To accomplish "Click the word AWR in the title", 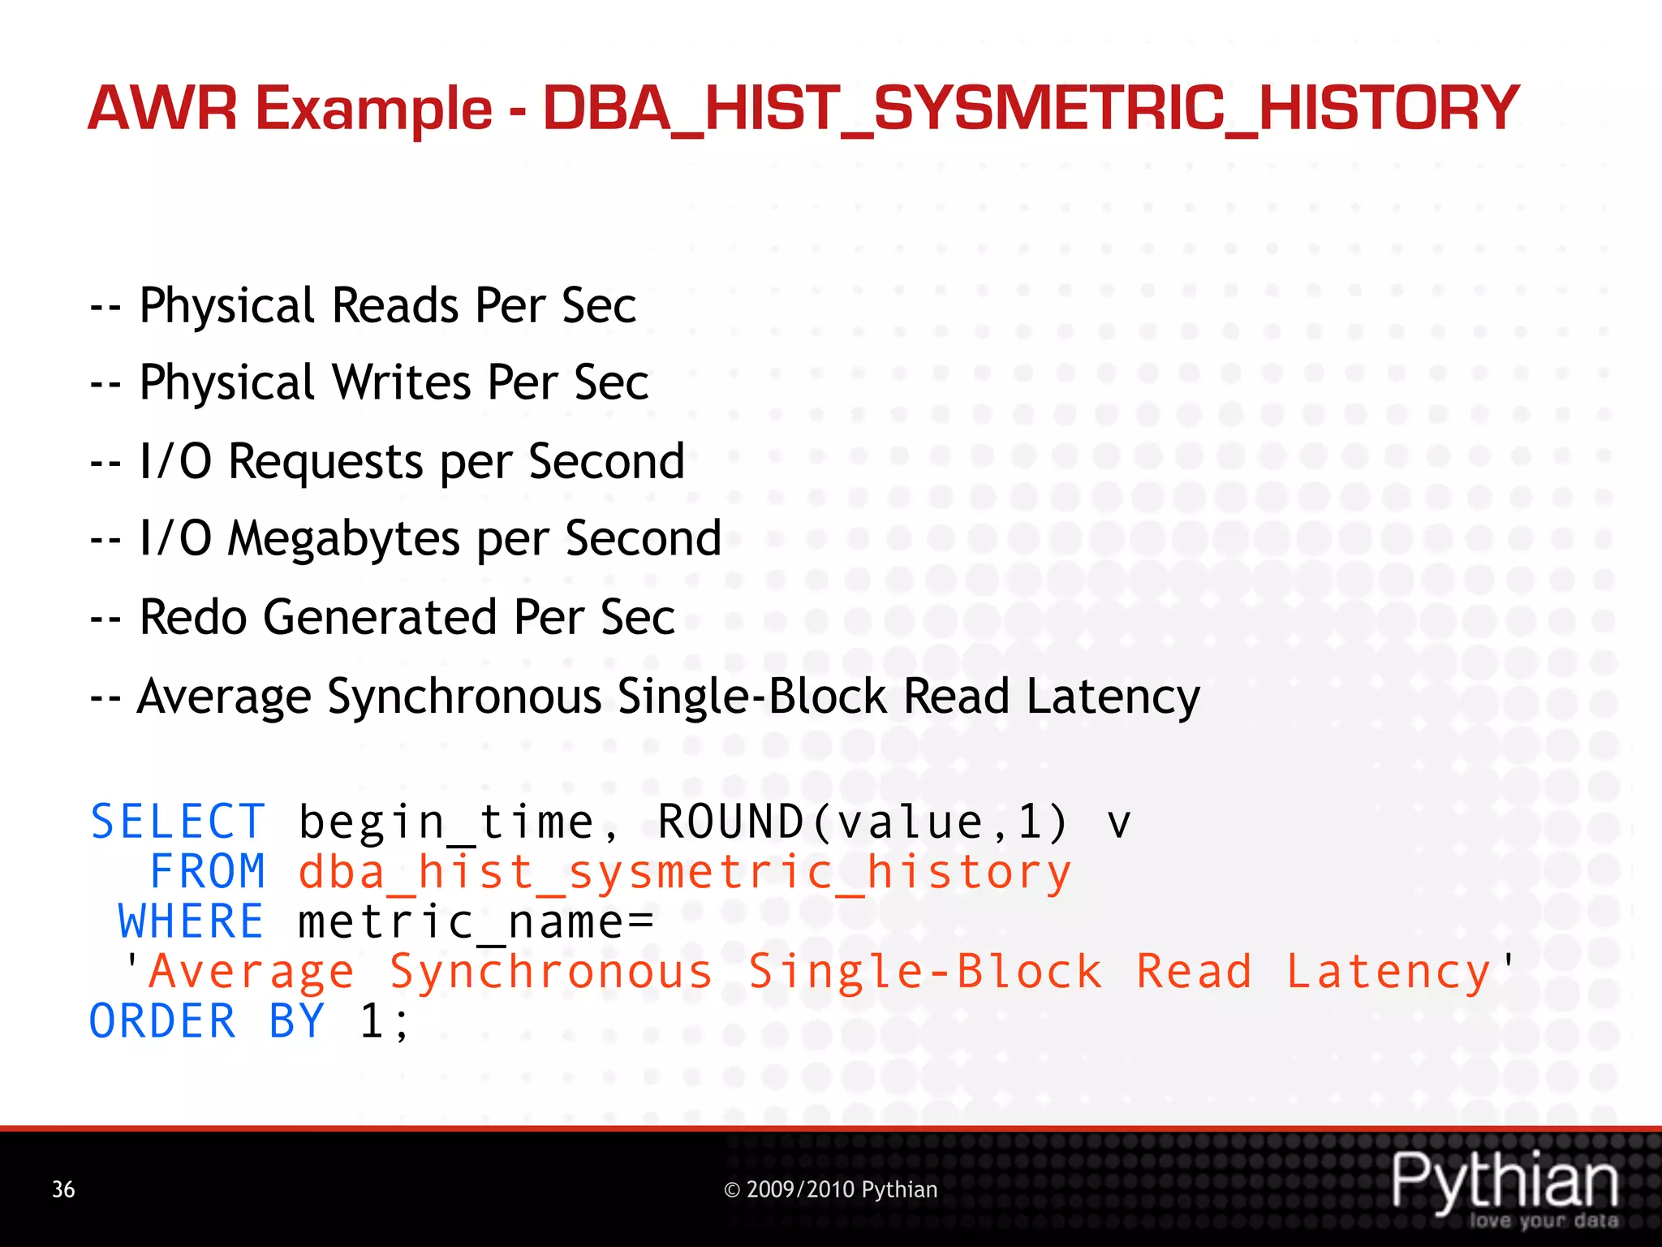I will click(x=162, y=108).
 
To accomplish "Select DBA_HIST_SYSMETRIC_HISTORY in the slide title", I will click(x=1031, y=108).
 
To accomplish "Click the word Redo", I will click(x=193, y=617).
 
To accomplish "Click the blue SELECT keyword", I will click(x=178, y=822).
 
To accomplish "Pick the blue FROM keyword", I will click(x=208, y=872).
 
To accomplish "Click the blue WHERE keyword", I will click(x=192, y=922).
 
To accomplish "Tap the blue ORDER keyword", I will click(x=162, y=1021).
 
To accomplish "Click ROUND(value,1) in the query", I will click(x=863, y=822).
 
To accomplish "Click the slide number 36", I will click(x=63, y=1189).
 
